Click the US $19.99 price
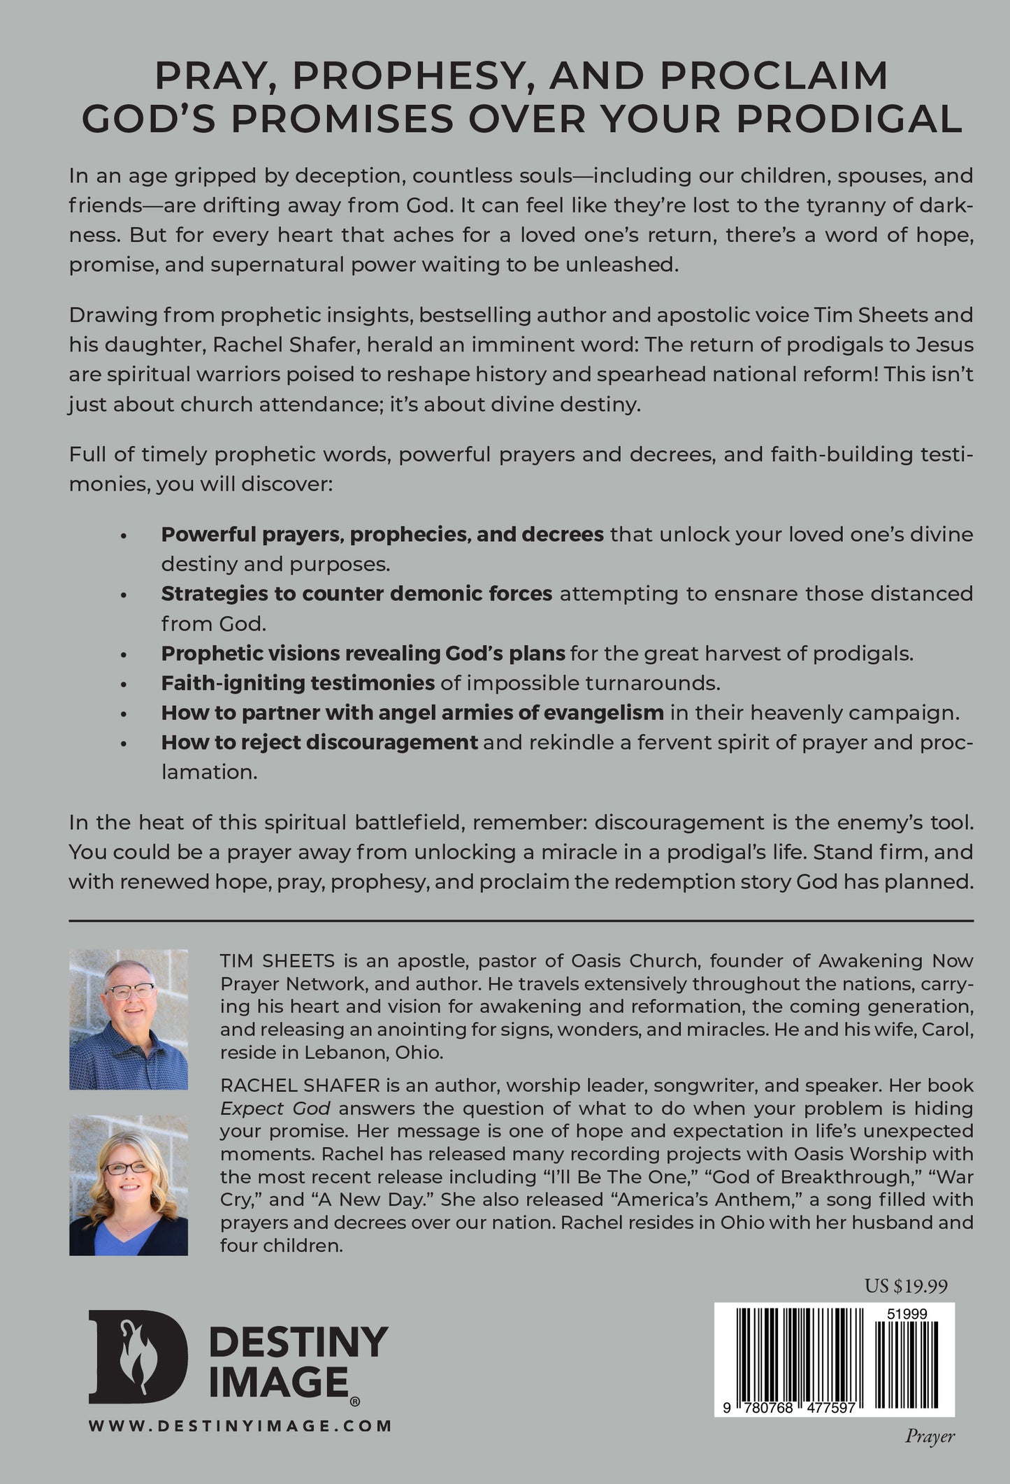click(x=906, y=1287)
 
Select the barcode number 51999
click(x=907, y=1314)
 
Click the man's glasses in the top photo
click(x=130, y=991)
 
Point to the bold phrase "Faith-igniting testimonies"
click(x=298, y=683)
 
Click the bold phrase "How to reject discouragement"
click(x=319, y=742)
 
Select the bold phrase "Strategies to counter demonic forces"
click(x=356, y=593)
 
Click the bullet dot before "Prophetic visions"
click(x=124, y=654)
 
